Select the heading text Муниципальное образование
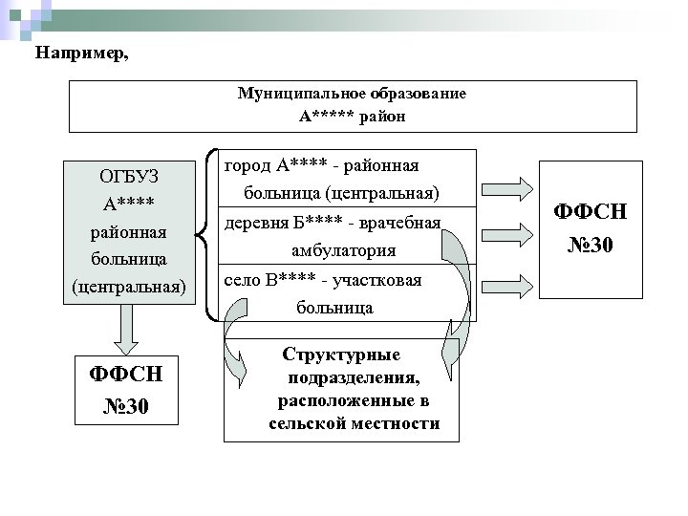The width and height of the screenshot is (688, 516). pos(353,95)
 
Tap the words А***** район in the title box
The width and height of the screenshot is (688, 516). pos(353,117)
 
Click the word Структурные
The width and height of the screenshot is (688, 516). pos(341,354)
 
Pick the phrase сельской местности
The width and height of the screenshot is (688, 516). pos(355,422)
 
